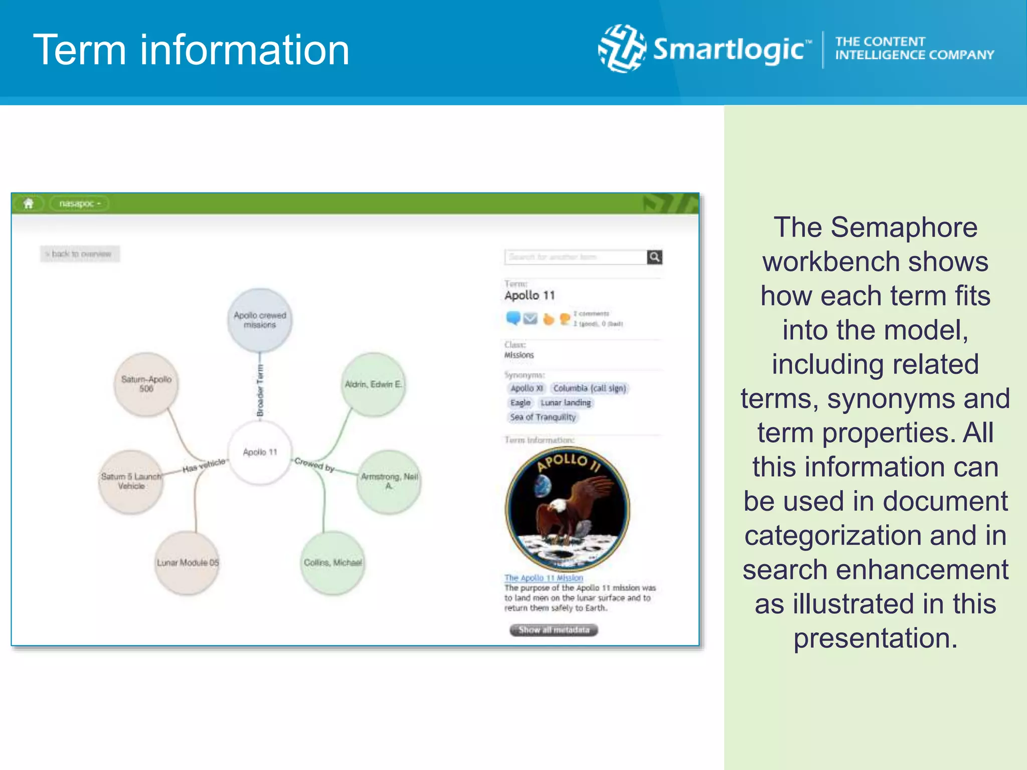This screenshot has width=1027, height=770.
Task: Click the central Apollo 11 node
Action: pos(260,452)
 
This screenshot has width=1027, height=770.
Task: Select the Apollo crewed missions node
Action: pos(260,320)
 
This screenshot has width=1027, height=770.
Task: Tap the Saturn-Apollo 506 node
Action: pos(146,384)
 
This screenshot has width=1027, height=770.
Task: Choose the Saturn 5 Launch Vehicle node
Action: pos(131,481)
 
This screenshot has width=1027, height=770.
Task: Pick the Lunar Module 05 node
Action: pos(188,563)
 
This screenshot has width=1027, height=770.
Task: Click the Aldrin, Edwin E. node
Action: pos(373,384)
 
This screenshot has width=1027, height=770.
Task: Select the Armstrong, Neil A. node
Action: pos(389,481)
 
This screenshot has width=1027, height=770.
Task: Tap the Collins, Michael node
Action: pos(332,563)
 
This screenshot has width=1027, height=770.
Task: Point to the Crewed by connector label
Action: pos(314,465)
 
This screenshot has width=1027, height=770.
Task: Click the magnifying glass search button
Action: pos(654,257)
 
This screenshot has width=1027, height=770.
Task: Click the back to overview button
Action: pos(80,254)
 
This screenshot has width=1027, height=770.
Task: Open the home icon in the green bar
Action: pos(29,204)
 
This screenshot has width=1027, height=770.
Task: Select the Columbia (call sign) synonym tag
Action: pos(590,389)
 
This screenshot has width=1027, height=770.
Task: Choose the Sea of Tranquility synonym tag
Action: pos(543,417)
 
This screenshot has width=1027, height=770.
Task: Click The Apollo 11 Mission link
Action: pos(544,578)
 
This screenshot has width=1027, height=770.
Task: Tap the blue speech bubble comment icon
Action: pos(513,318)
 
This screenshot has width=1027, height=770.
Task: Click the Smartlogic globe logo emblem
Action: pos(622,49)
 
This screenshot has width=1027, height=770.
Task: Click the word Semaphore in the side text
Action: pos(904,228)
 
